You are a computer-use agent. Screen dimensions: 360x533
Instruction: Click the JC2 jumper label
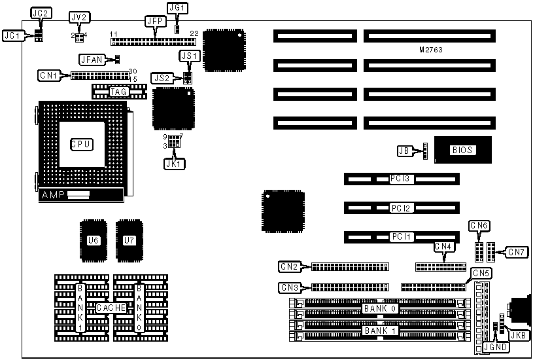40,13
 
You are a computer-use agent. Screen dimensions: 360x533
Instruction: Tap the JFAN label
90,60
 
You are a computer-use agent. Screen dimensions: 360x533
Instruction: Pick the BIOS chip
462,151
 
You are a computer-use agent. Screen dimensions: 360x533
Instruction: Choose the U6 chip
93,240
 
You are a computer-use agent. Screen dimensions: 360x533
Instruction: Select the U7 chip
128,240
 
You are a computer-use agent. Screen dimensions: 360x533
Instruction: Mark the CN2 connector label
289,266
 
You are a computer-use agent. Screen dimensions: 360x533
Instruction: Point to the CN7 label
516,251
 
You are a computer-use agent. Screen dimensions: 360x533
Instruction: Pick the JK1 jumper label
174,164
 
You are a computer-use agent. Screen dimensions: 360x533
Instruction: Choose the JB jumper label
404,151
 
